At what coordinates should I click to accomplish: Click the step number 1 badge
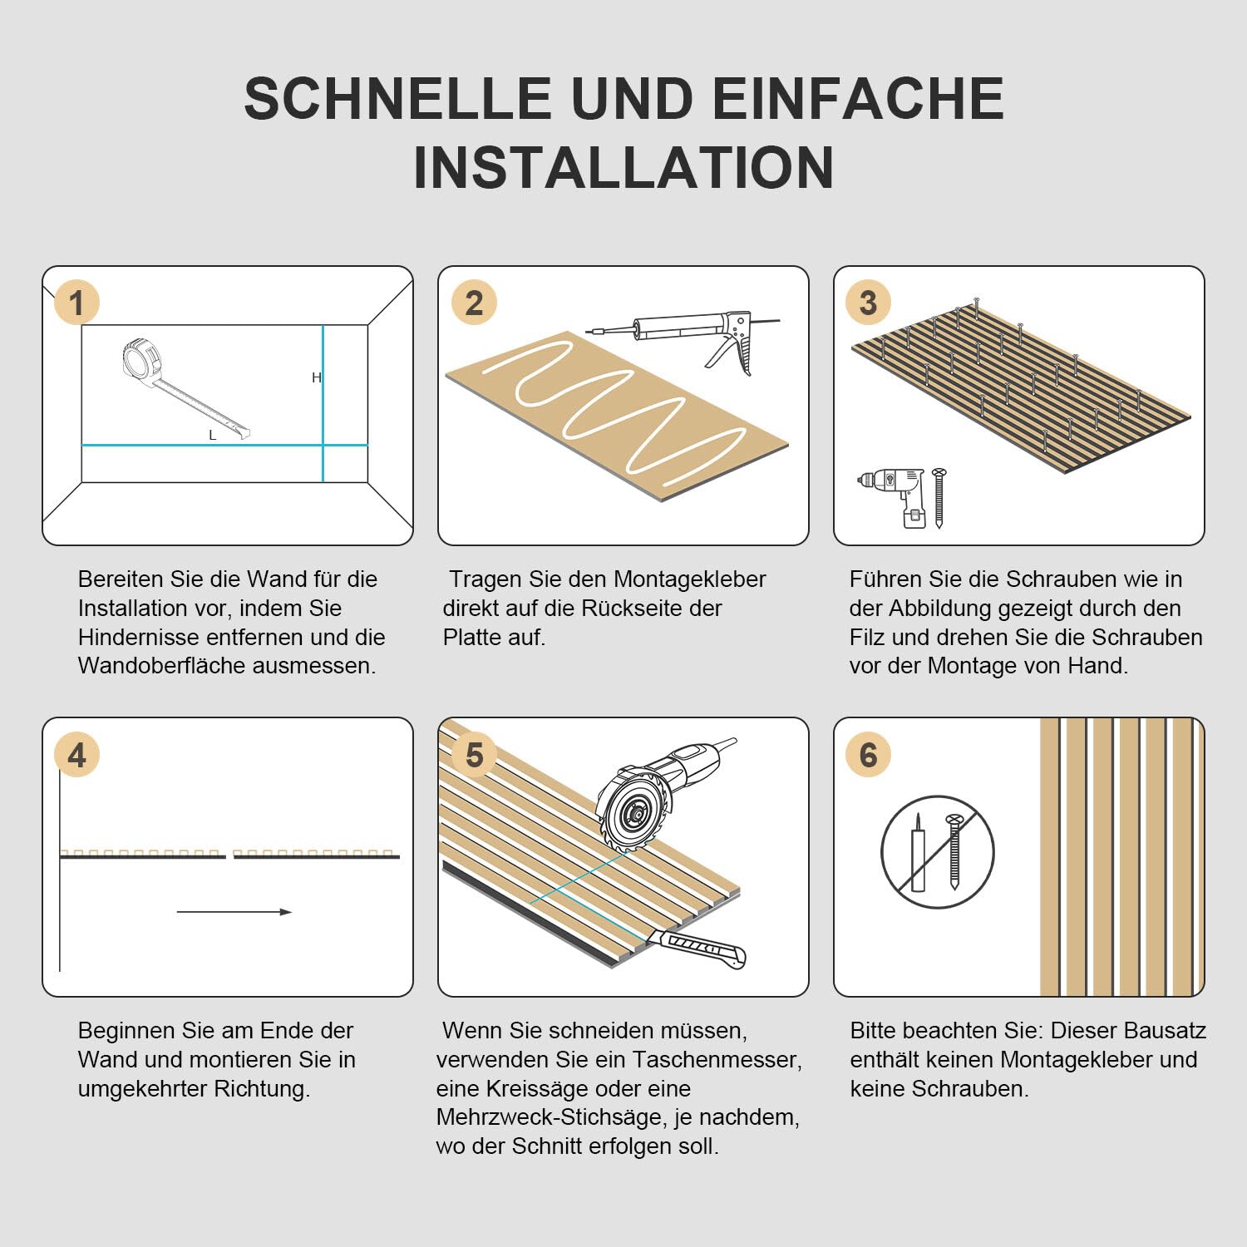pos(76,303)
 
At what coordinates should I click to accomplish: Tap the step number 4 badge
pos(76,755)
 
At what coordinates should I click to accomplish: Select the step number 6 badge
pos(868,755)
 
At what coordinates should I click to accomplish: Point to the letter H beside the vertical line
pos(316,377)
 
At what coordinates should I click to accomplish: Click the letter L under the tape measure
pos(212,436)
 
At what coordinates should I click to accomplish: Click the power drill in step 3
pos(895,495)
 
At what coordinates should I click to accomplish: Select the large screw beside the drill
pos(939,497)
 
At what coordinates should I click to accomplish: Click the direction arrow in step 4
pos(234,912)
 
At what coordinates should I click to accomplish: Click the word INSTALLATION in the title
pos(623,168)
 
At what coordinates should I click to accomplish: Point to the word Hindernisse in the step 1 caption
pos(138,637)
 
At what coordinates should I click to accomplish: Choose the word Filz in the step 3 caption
pos(865,637)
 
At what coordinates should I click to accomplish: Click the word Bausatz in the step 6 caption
pos(1164,1031)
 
